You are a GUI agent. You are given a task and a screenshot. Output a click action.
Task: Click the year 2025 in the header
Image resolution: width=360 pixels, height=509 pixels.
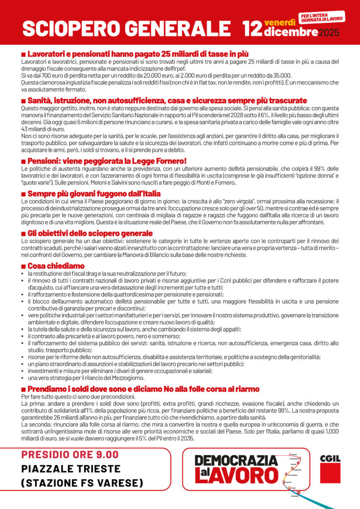pos(328,33)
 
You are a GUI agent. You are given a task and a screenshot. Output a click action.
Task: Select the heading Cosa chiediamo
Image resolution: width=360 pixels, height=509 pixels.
pos(56,266)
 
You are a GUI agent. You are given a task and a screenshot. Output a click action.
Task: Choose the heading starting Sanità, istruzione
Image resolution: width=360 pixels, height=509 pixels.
pos(167,100)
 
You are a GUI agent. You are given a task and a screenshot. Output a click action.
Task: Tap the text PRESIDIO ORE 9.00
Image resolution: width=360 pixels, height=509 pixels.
pos(70,454)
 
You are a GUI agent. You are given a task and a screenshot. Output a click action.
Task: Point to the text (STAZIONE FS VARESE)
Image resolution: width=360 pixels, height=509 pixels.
pos(83,483)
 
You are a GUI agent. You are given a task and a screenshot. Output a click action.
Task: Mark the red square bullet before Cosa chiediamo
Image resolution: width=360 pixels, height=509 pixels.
pos(23,266)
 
